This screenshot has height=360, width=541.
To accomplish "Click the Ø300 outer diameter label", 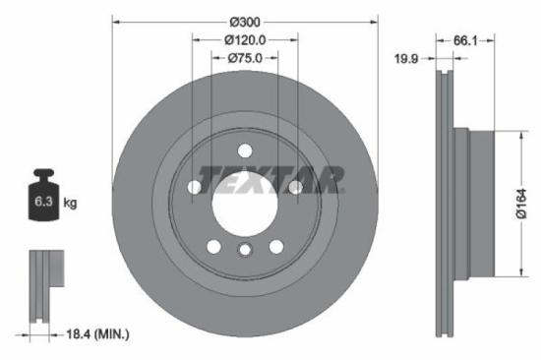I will [x=244, y=22].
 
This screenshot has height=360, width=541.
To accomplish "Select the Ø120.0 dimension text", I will [x=245, y=40].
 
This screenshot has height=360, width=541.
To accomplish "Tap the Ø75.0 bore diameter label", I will [x=245, y=59].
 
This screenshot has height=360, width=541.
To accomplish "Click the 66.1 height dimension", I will [x=467, y=41].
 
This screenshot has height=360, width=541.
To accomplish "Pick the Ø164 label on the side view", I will [x=525, y=204].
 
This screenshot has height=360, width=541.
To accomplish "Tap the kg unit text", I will [x=70, y=204].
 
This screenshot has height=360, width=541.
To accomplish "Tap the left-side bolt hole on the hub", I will [x=194, y=186].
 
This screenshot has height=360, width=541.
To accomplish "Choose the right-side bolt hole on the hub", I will [x=295, y=186].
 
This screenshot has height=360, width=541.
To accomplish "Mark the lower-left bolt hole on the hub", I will [x=212, y=245].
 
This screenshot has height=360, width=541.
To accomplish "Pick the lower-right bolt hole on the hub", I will [x=276, y=245].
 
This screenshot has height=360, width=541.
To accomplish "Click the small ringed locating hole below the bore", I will [x=245, y=252].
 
